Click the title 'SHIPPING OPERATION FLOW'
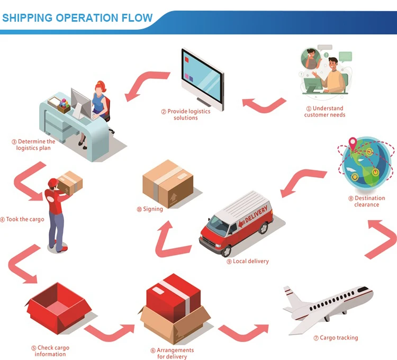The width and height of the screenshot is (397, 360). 77,17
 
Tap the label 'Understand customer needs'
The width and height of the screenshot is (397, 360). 324,112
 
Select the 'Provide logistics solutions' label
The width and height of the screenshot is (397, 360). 186,114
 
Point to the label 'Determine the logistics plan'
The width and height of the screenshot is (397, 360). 33,145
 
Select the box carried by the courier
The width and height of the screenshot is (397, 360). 70,184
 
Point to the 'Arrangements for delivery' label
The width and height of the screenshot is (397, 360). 172,353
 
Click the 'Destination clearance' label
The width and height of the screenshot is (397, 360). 366,201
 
